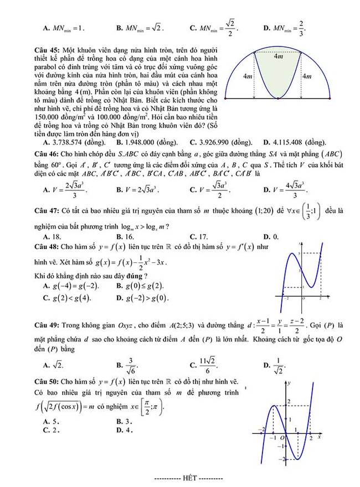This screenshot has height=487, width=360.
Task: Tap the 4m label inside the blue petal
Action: coord(279,57)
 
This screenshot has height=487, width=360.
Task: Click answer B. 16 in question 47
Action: coord(125,237)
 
